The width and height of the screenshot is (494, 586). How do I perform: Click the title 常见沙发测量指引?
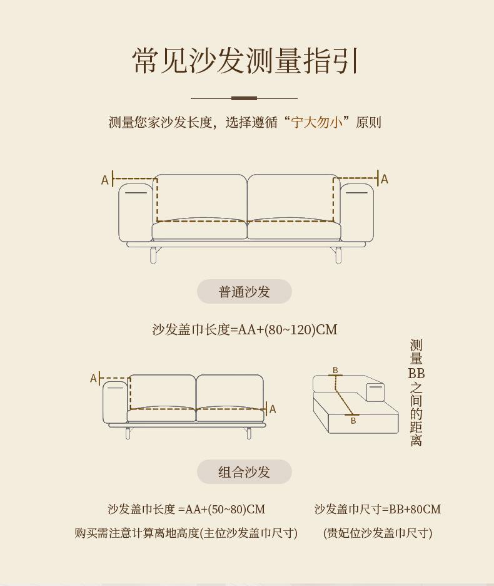coord(245,61)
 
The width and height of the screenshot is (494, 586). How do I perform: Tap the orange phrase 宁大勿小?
coord(316,122)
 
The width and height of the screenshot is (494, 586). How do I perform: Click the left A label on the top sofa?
coord(104,180)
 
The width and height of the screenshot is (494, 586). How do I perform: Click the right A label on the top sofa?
coord(385,180)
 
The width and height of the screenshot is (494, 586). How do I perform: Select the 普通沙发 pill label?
coord(244,292)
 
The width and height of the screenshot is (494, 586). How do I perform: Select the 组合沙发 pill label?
coord(244,472)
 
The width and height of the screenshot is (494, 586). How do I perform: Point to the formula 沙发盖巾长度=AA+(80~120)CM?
coord(245,329)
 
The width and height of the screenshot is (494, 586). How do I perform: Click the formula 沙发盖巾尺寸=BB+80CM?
coord(378,509)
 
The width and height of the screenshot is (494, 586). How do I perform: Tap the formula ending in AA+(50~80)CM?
coord(186,509)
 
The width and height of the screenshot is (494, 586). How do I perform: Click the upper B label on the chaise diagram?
coord(335,370)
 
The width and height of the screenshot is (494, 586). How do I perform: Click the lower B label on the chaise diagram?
coord(353,421)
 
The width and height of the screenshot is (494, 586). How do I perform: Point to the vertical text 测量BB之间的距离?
coord(416,393)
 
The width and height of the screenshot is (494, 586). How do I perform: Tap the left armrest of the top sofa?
coord(136,212)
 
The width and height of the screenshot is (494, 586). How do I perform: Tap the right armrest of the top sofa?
coord(357,212)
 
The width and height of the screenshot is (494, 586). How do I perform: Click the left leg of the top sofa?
coord(153,255)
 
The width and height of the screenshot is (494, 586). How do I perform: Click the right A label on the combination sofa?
coord(273,409)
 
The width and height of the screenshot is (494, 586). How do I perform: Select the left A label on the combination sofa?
coord(93,379)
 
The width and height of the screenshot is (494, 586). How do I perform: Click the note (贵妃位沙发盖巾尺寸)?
coord(378,533)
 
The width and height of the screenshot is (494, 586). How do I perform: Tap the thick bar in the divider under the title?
coord(244,98)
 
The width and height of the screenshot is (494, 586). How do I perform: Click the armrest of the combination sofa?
coord(115,403)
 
